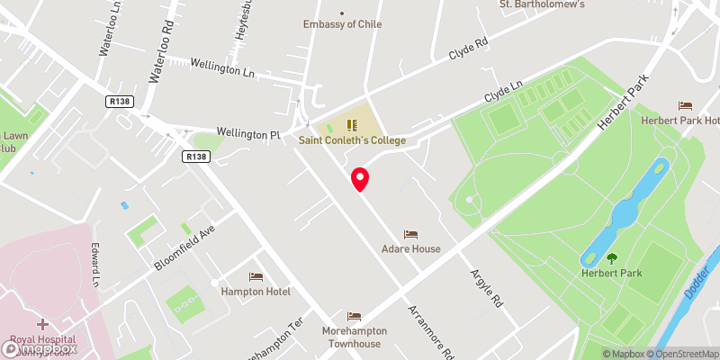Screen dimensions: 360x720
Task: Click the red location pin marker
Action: pyautogui.click(x=360, y=179)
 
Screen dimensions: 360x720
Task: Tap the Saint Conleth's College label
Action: pyautogui.click(x=354, y=140)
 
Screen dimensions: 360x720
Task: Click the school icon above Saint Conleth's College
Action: pyautogui.click(x=353, y=124)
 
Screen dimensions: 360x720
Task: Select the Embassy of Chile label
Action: pyautogui.click(x=342, y=24)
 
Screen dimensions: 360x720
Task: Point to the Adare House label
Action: pyautogui.click(x=411, y=248)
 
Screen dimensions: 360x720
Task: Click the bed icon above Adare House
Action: pyautogui.click(x=411, y=234)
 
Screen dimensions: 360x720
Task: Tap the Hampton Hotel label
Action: pyautogui.click(x=256, y=291)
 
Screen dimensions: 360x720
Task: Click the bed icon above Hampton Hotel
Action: pyautogui.click(x=256, y=276)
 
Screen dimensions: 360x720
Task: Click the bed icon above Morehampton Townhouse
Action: pyautogui.click(x=354, y=317)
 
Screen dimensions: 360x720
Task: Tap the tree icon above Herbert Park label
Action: pyautogui.click(x=612, y=258)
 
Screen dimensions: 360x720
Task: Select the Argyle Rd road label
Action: pyautogui.click(x=487, y=288)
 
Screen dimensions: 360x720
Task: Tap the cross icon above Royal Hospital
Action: pyautogui.click(x=42, y=324)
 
